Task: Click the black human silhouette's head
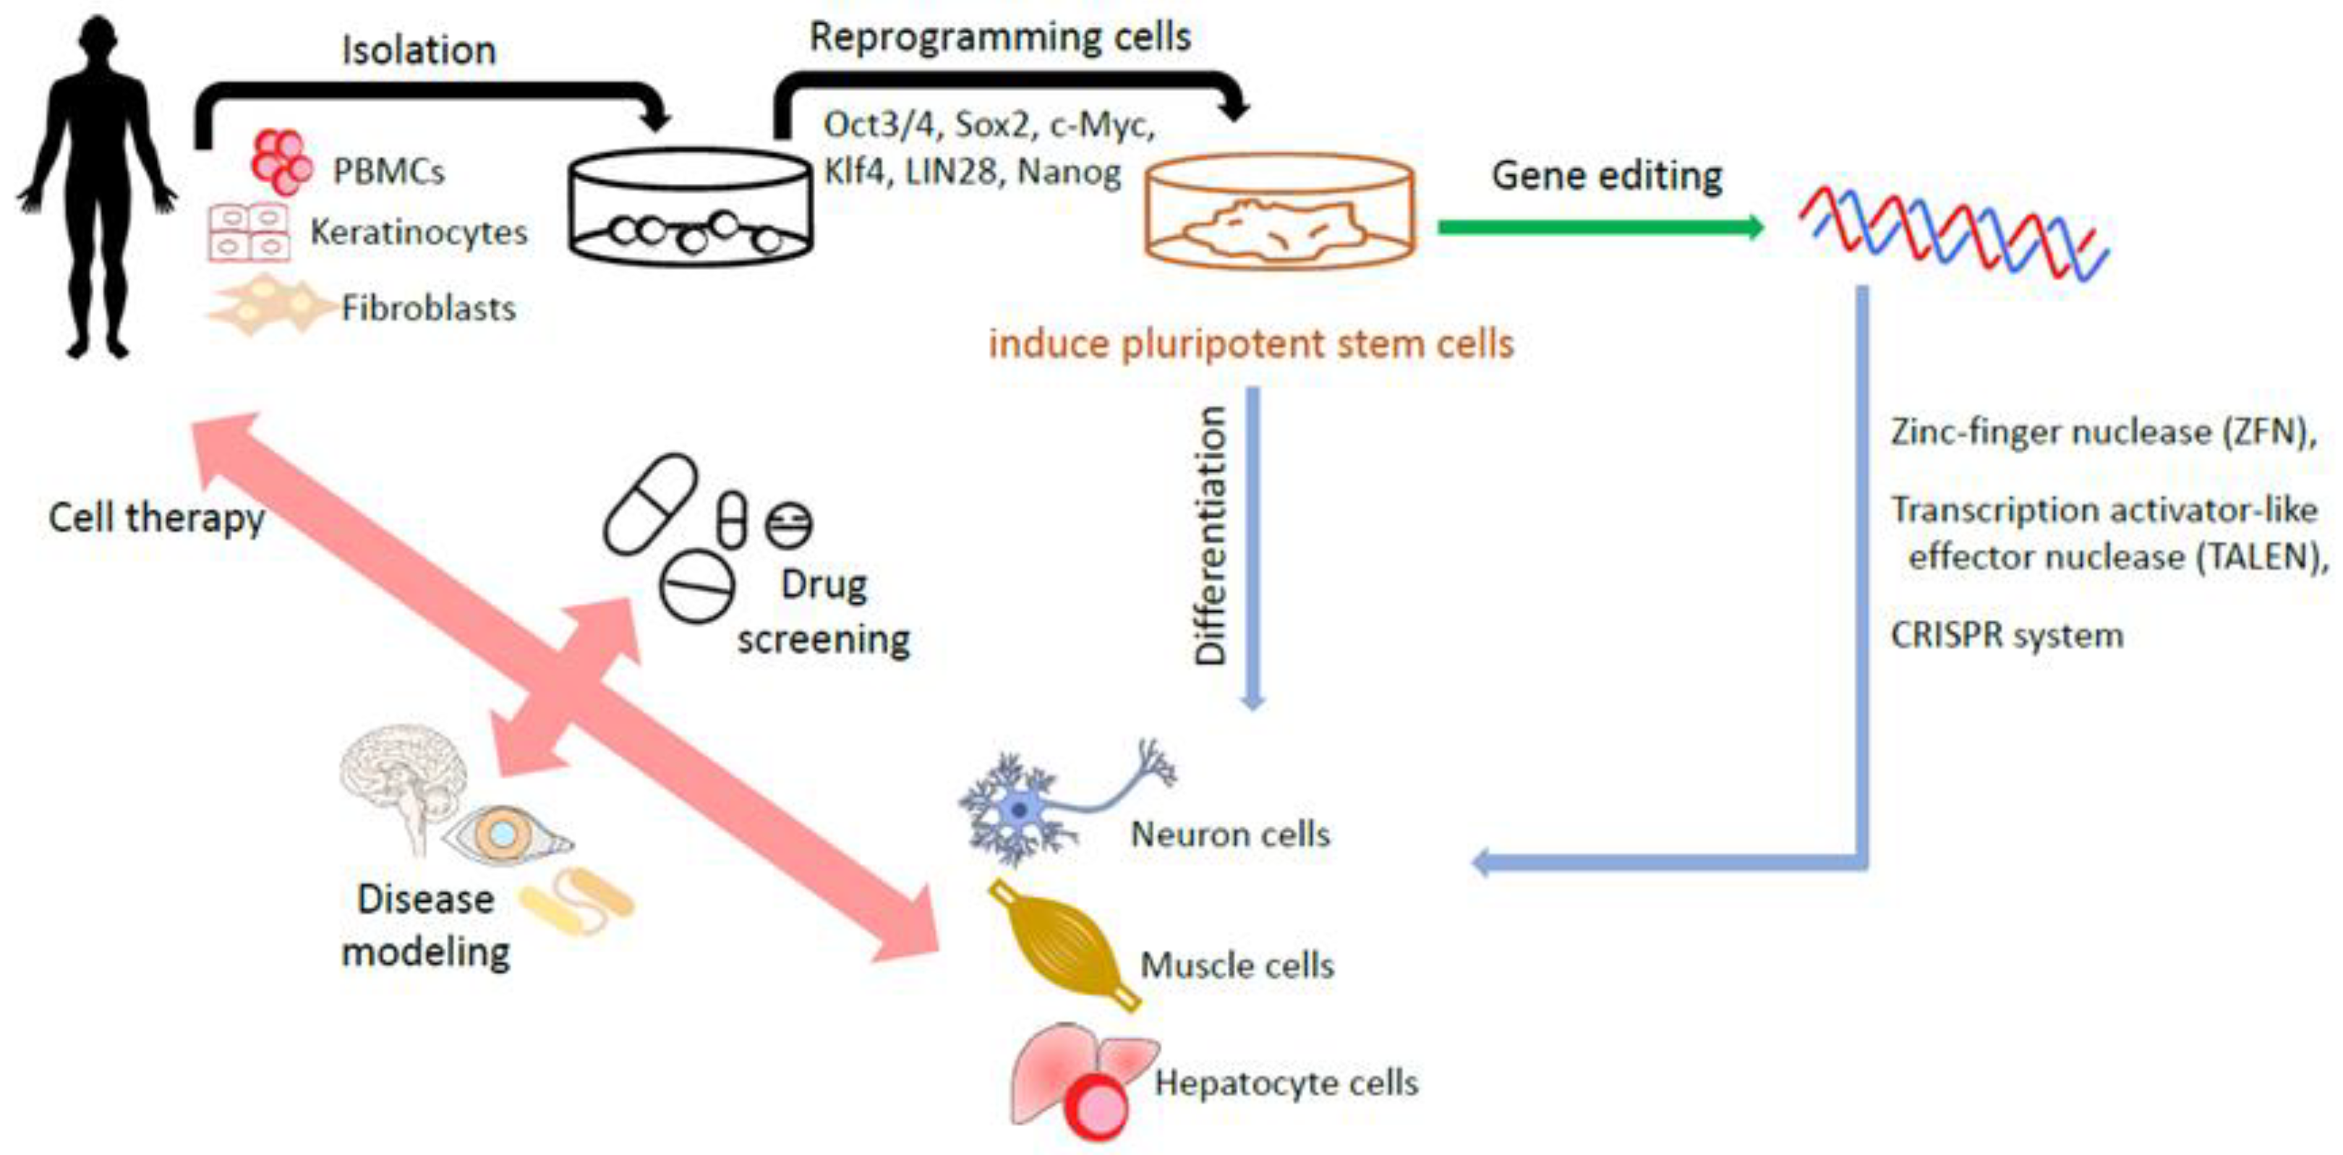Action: click(x=98, y=41)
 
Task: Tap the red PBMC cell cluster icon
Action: click(x=281, y=163)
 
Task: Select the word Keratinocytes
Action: click(x=419, y=233)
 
